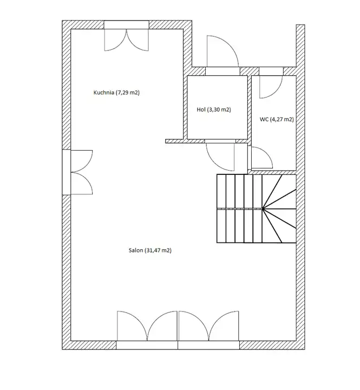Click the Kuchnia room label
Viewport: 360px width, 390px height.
click(116, 93)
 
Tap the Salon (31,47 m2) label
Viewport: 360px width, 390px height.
click(150, 250)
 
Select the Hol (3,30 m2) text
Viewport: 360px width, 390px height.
click(214, 109)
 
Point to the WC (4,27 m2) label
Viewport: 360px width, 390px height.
click(277, 119)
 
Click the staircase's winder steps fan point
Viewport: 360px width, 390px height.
click(263, 209)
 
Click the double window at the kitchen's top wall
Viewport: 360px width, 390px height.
click(127, 40)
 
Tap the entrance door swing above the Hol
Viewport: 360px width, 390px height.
click(222, 51)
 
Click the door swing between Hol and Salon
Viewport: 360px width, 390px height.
click(220, 157)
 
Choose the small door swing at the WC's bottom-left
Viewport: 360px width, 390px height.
click(262, 158)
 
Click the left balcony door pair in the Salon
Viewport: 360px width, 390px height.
click(147, 326)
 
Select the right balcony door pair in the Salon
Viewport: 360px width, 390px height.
click(208, 326)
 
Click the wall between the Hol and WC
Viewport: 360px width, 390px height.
click(250, 107)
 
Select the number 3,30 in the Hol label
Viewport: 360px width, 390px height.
click(215, 109)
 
